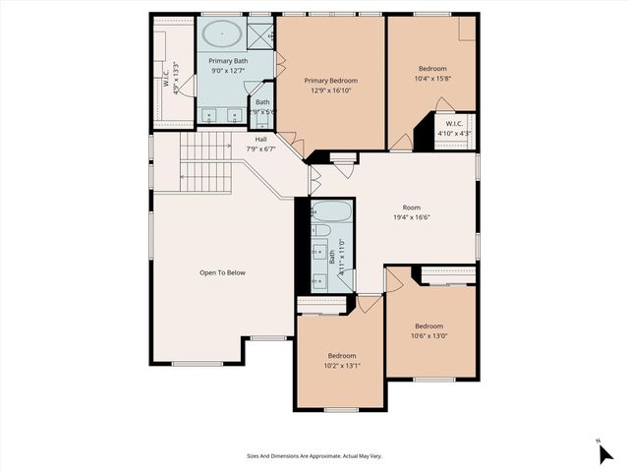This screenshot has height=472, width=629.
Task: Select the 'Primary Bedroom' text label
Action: [330, 81]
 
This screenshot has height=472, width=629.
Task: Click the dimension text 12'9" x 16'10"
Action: [330, 90]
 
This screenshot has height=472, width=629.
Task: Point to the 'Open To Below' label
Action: [222, 272]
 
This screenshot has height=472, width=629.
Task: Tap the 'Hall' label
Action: [261, 140]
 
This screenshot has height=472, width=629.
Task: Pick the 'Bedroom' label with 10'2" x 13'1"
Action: [342, 355]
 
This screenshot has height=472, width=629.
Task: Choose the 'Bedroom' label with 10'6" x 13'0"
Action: [429, 325]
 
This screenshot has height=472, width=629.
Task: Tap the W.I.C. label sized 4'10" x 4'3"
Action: [453, 124]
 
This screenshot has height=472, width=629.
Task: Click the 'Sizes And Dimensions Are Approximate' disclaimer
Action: [314, 456]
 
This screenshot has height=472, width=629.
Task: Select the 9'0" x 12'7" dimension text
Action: [228, 70]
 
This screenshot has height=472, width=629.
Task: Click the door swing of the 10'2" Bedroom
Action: [369, 303]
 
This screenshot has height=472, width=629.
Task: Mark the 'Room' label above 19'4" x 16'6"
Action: [411, 207]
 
